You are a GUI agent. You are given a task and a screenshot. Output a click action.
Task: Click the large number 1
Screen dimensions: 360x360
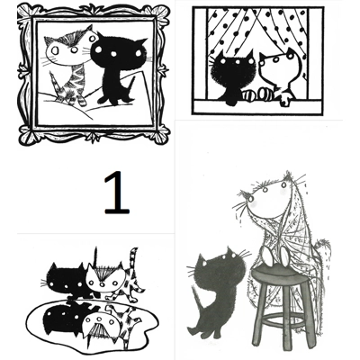tap(116, 193)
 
